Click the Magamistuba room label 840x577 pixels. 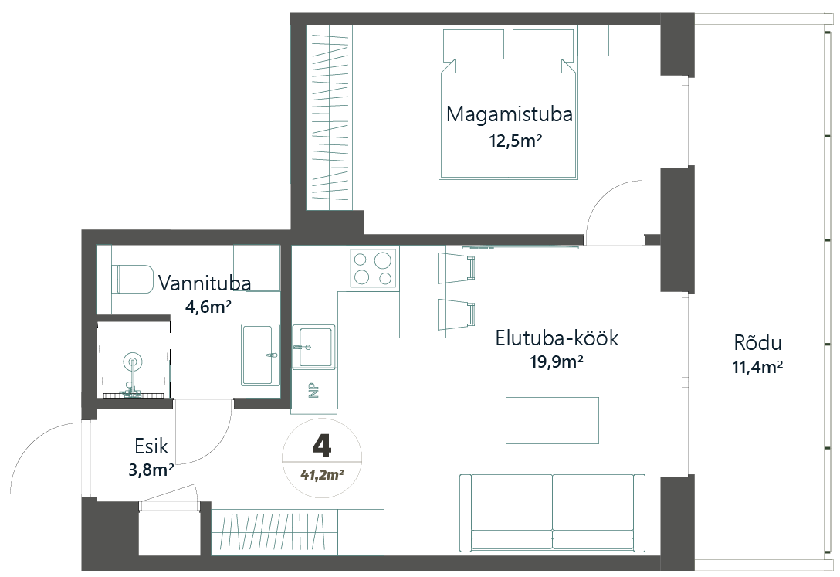pos(510,114)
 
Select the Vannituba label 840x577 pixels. pos(205,283)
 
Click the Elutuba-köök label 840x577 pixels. pos(557,338)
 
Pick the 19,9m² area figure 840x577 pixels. pos(557,362)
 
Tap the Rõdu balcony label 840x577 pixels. pos(757,343)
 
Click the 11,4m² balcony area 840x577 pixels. pos(757,367)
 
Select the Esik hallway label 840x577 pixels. pos(151,446)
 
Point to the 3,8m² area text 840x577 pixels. pos(151,470)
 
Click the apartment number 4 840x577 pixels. pos(321,444)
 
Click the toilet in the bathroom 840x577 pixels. pos(132,279)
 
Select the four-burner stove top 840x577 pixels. pos(374,268)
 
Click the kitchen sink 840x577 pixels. pos(313,347)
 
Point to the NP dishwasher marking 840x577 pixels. pos(313,391)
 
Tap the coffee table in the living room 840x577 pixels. pos(552,420)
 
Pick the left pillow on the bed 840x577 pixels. pos(473,45)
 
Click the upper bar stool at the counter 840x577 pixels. pos(456,267)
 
